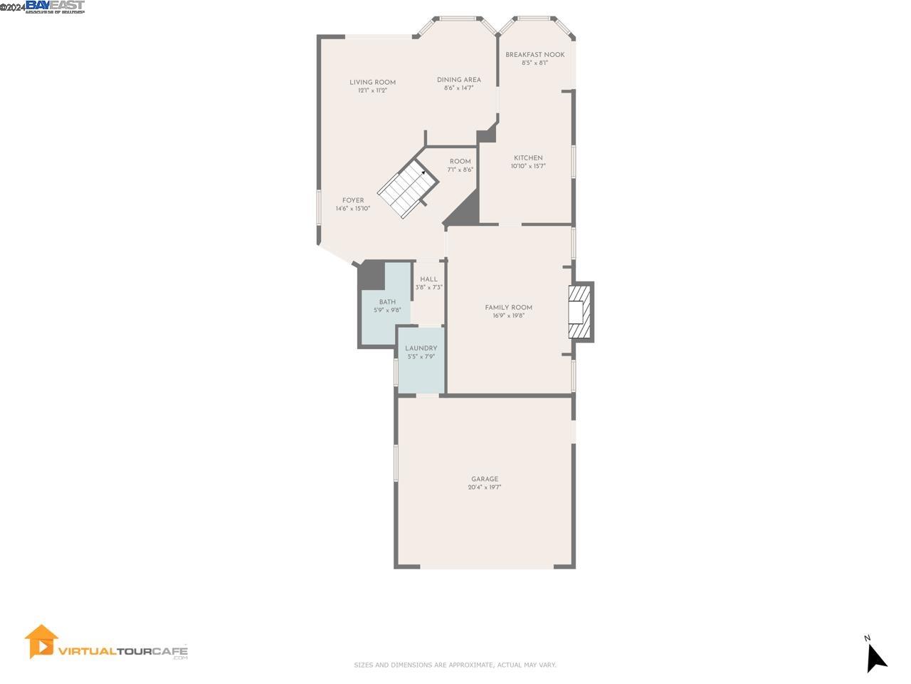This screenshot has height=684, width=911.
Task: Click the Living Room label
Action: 372,82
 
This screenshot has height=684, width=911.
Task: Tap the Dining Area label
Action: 458,80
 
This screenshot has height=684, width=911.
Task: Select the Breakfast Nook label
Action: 535,55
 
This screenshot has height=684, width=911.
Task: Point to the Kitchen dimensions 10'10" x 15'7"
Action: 528,166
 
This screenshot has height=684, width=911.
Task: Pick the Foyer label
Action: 353,200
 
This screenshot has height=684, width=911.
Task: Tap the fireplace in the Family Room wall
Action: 579,312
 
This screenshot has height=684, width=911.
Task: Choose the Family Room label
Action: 508,307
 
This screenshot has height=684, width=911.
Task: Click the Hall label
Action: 428,279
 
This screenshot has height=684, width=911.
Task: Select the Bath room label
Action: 387,302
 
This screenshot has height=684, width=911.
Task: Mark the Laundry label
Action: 421,348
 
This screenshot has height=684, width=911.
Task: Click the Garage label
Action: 485,479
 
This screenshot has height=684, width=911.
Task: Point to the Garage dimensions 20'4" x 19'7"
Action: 485,487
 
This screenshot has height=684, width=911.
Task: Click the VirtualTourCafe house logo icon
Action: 41,641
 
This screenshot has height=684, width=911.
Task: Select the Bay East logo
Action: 55,6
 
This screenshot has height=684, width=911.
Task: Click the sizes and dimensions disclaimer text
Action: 455,665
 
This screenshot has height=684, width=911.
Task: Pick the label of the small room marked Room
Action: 460,161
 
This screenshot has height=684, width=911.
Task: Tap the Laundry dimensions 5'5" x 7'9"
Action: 421,356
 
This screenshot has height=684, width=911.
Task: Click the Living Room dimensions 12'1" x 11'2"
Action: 372,90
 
